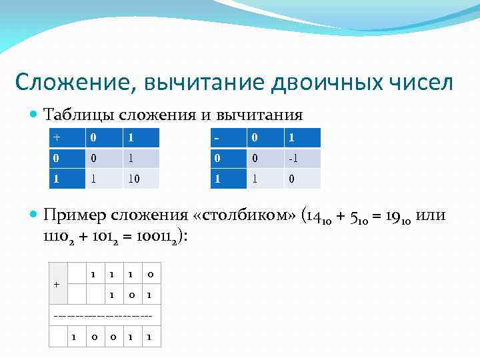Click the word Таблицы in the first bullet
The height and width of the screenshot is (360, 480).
(x=79, y=115)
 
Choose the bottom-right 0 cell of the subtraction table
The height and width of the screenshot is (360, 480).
(x=294, y=178)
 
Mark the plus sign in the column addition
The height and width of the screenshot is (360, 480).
(x=57, y=284)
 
